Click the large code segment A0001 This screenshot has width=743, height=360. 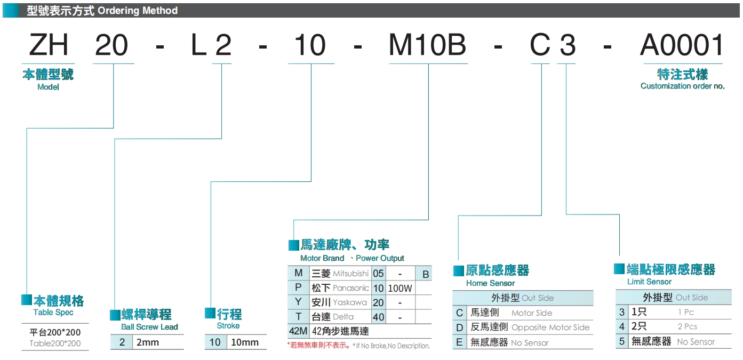click(x=682, y=45)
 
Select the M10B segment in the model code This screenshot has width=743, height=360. click(x=427, y=45)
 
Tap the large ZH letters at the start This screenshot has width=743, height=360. click(x=49, y=45)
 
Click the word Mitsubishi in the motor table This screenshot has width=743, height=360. click(x=350, y=274)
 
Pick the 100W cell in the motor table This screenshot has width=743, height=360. click(x=400, y=289)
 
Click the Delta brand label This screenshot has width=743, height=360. click(x=343, y=317)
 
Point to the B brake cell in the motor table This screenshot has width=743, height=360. click(x=425, y=274)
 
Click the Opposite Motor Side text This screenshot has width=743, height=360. click(x=550, y=327)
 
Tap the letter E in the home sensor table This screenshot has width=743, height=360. click(x=459, y=342)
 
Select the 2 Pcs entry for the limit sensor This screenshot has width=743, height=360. click(x=687, y=326)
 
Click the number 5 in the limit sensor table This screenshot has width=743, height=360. click(x=622, y=341)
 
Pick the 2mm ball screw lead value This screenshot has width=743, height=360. click(x=148, y=342)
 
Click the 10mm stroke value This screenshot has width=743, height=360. click(x=244, y=342)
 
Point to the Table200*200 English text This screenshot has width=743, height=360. click(x=55, y=343)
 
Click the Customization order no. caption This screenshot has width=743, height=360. click(x=682, y=86)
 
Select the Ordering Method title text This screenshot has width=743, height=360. click(x=138, y=10)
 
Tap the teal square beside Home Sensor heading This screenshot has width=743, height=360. click(x=458, y=271)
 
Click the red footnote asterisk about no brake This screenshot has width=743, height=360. click(x=289, y=346)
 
